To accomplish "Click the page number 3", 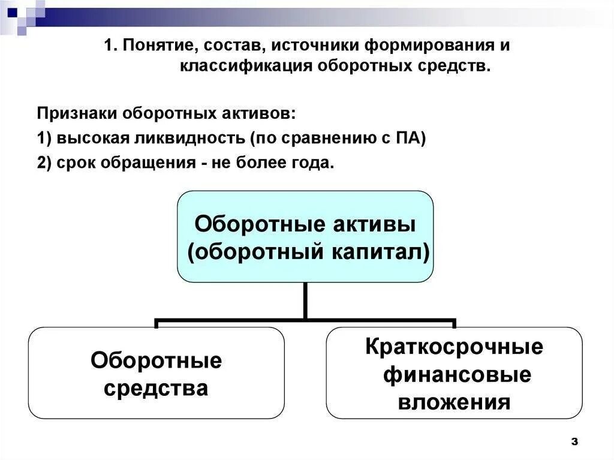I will [x=574, y=442].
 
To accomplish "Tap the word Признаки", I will [x=77, y=114].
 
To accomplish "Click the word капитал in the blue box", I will [x=377, y=252].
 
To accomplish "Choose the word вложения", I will [x=454, y=401].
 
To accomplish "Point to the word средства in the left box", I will [x=156, y=388].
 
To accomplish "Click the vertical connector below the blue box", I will [x=305, y=300].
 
